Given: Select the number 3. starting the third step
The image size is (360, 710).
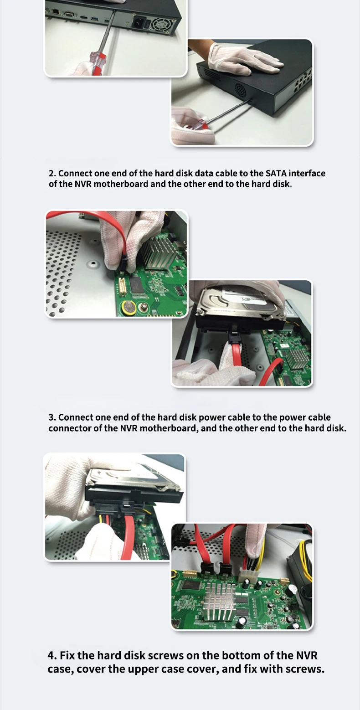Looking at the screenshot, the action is pyautogui.click(x=52, y=417).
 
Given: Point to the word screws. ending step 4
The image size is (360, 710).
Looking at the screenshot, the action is pyautogui.click(x=305, y=669).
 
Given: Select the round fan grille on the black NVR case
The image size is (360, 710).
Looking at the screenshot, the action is pyautogui.click(x=242, y=91).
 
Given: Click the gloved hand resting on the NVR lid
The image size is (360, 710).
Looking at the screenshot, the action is pyautogui.click(x=244, y=59).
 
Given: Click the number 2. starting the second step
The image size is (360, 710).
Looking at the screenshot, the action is pyautogui.click(x=52, y=173).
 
